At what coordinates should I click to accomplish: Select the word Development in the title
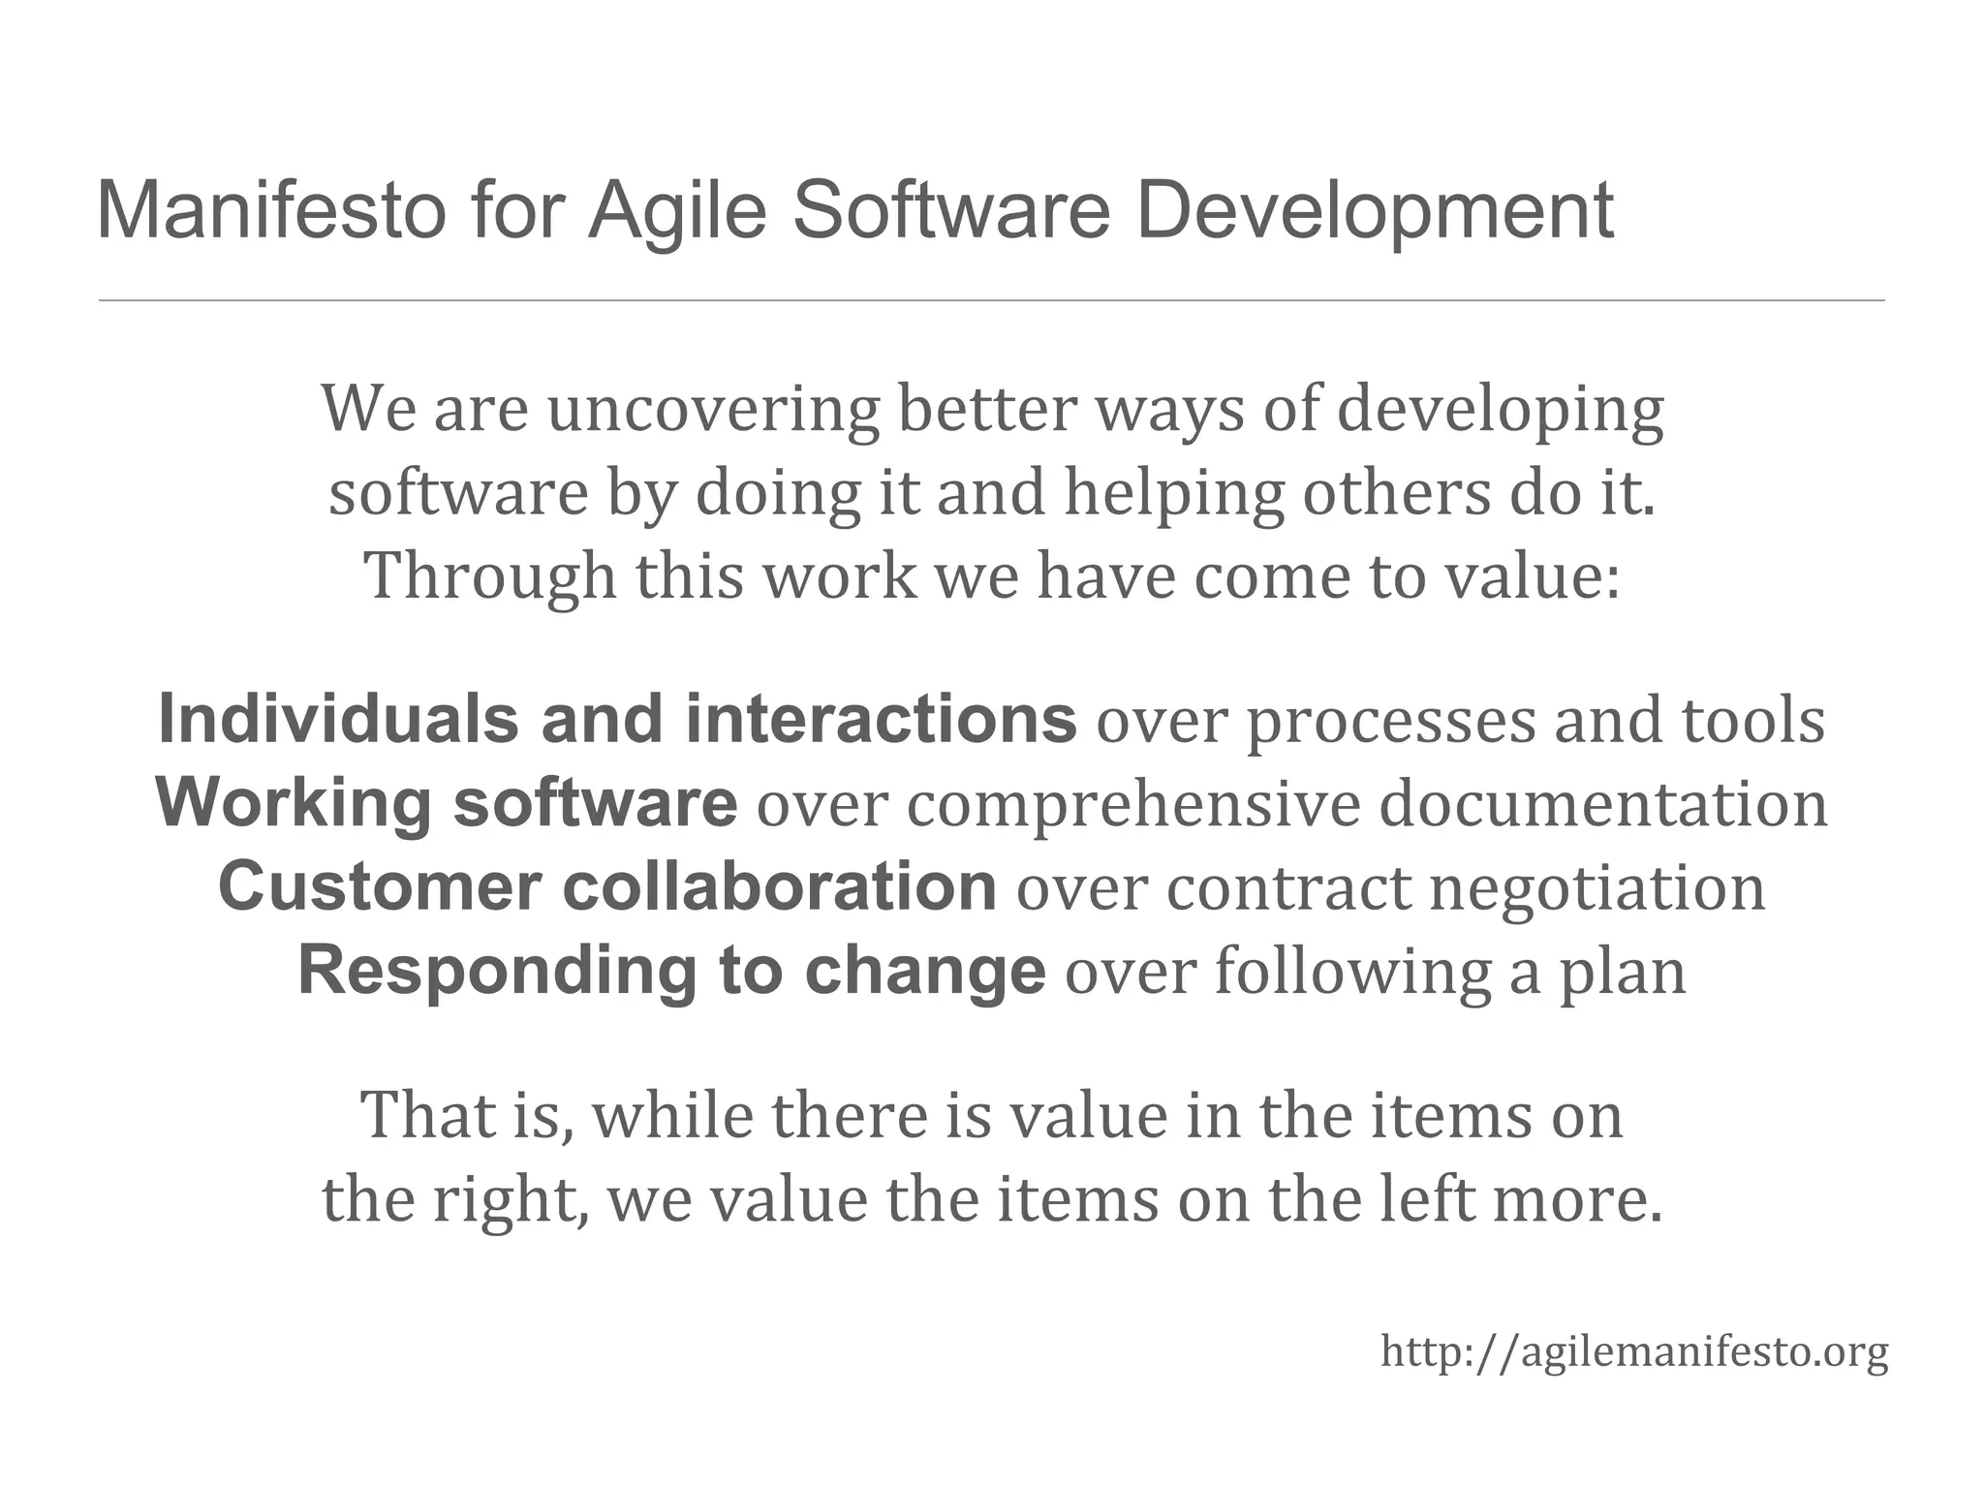pos(1374,210)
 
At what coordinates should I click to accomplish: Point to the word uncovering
pos(713,410)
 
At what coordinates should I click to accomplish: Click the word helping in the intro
pos(1173,494)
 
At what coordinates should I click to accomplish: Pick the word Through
pos(490,576)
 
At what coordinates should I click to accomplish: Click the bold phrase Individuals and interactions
pos(617,720)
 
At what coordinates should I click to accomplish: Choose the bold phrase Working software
pos(447,803)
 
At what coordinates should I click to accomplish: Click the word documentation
pos(1603,805)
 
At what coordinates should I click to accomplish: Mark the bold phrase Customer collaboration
pos(607,886)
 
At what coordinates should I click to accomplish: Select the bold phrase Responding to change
pos(671,971)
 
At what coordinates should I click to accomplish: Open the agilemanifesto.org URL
pos(1634,1351)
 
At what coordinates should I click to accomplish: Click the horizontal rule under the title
pos(991,301)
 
